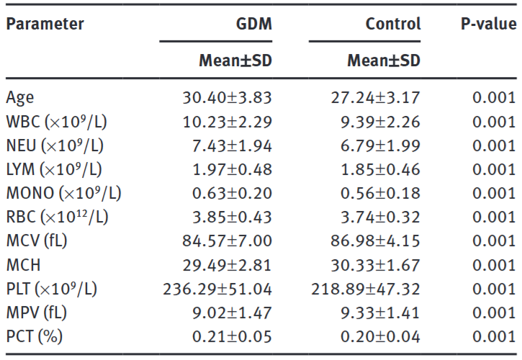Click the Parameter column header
point(45,24)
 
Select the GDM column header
point(255,24)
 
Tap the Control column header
point(392,24)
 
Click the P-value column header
point(488,24)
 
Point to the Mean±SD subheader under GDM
point(235,61)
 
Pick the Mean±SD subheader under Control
point(384,61)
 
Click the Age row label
point(20,98)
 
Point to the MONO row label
point(63,194)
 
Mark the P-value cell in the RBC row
point(494,217)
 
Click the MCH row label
point(24,265)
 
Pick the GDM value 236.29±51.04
point(217,289)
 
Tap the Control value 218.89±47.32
point(366,289)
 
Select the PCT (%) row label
point(34,337)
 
